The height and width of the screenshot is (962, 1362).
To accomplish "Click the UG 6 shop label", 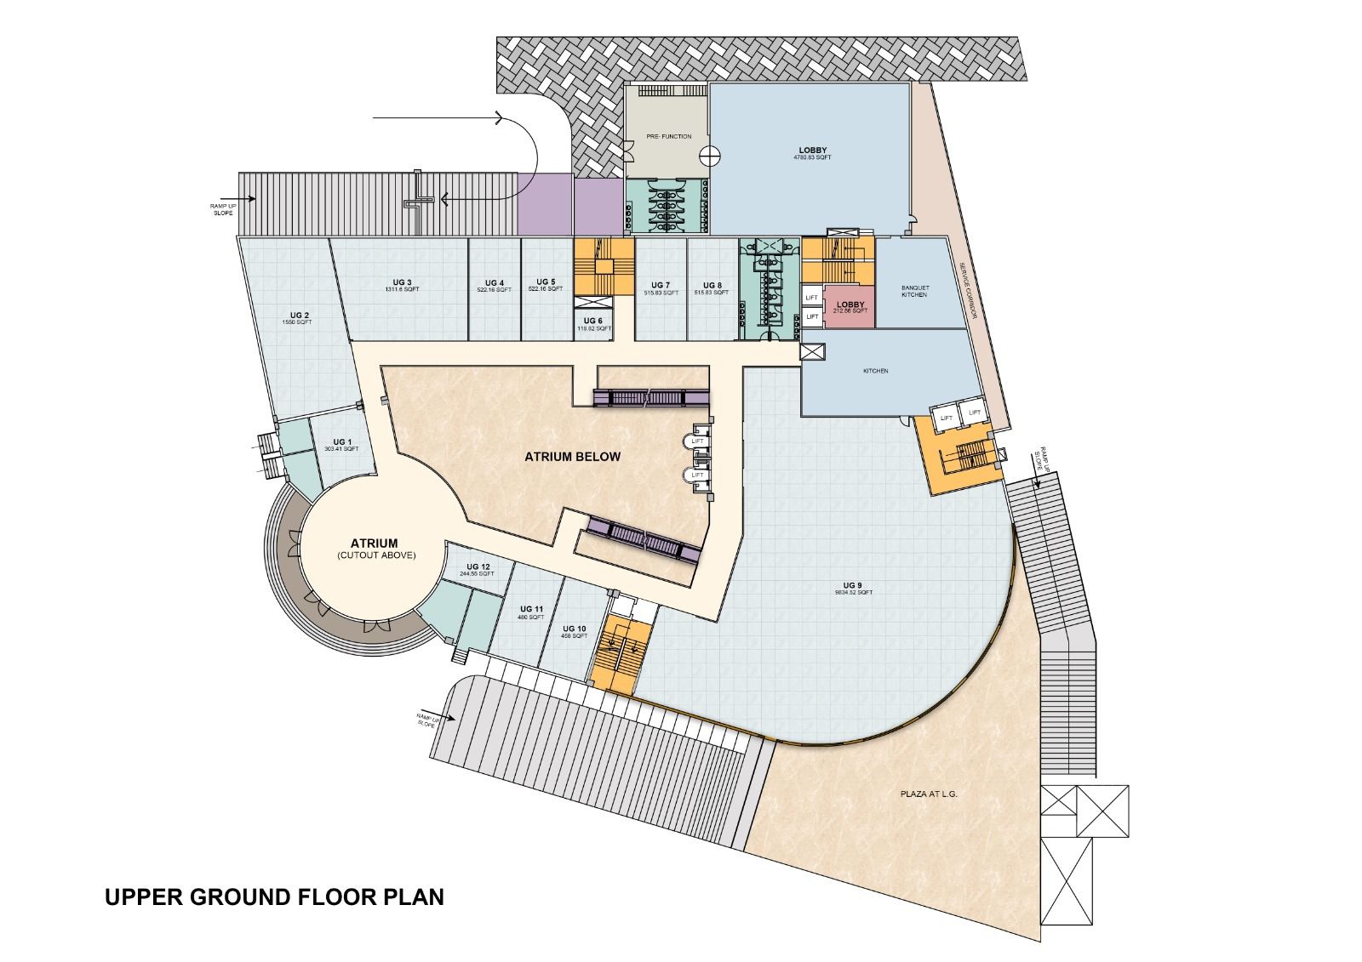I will [593, 322].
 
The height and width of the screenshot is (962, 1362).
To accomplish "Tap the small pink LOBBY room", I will [850, 307].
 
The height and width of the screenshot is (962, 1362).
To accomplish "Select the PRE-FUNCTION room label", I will [668, 136].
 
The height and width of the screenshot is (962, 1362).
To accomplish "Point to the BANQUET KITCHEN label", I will [915, 291].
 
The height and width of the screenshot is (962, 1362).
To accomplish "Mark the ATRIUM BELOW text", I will [572, 457].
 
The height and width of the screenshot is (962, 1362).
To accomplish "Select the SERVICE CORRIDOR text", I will [967, 291].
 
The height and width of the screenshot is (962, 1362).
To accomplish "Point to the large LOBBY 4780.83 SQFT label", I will [812, 154].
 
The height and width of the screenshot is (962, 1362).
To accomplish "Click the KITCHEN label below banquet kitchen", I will [875, 371].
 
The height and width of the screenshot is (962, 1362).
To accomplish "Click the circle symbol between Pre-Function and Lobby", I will [710, 156].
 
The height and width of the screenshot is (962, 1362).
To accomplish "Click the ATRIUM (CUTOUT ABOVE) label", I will [374, 549].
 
